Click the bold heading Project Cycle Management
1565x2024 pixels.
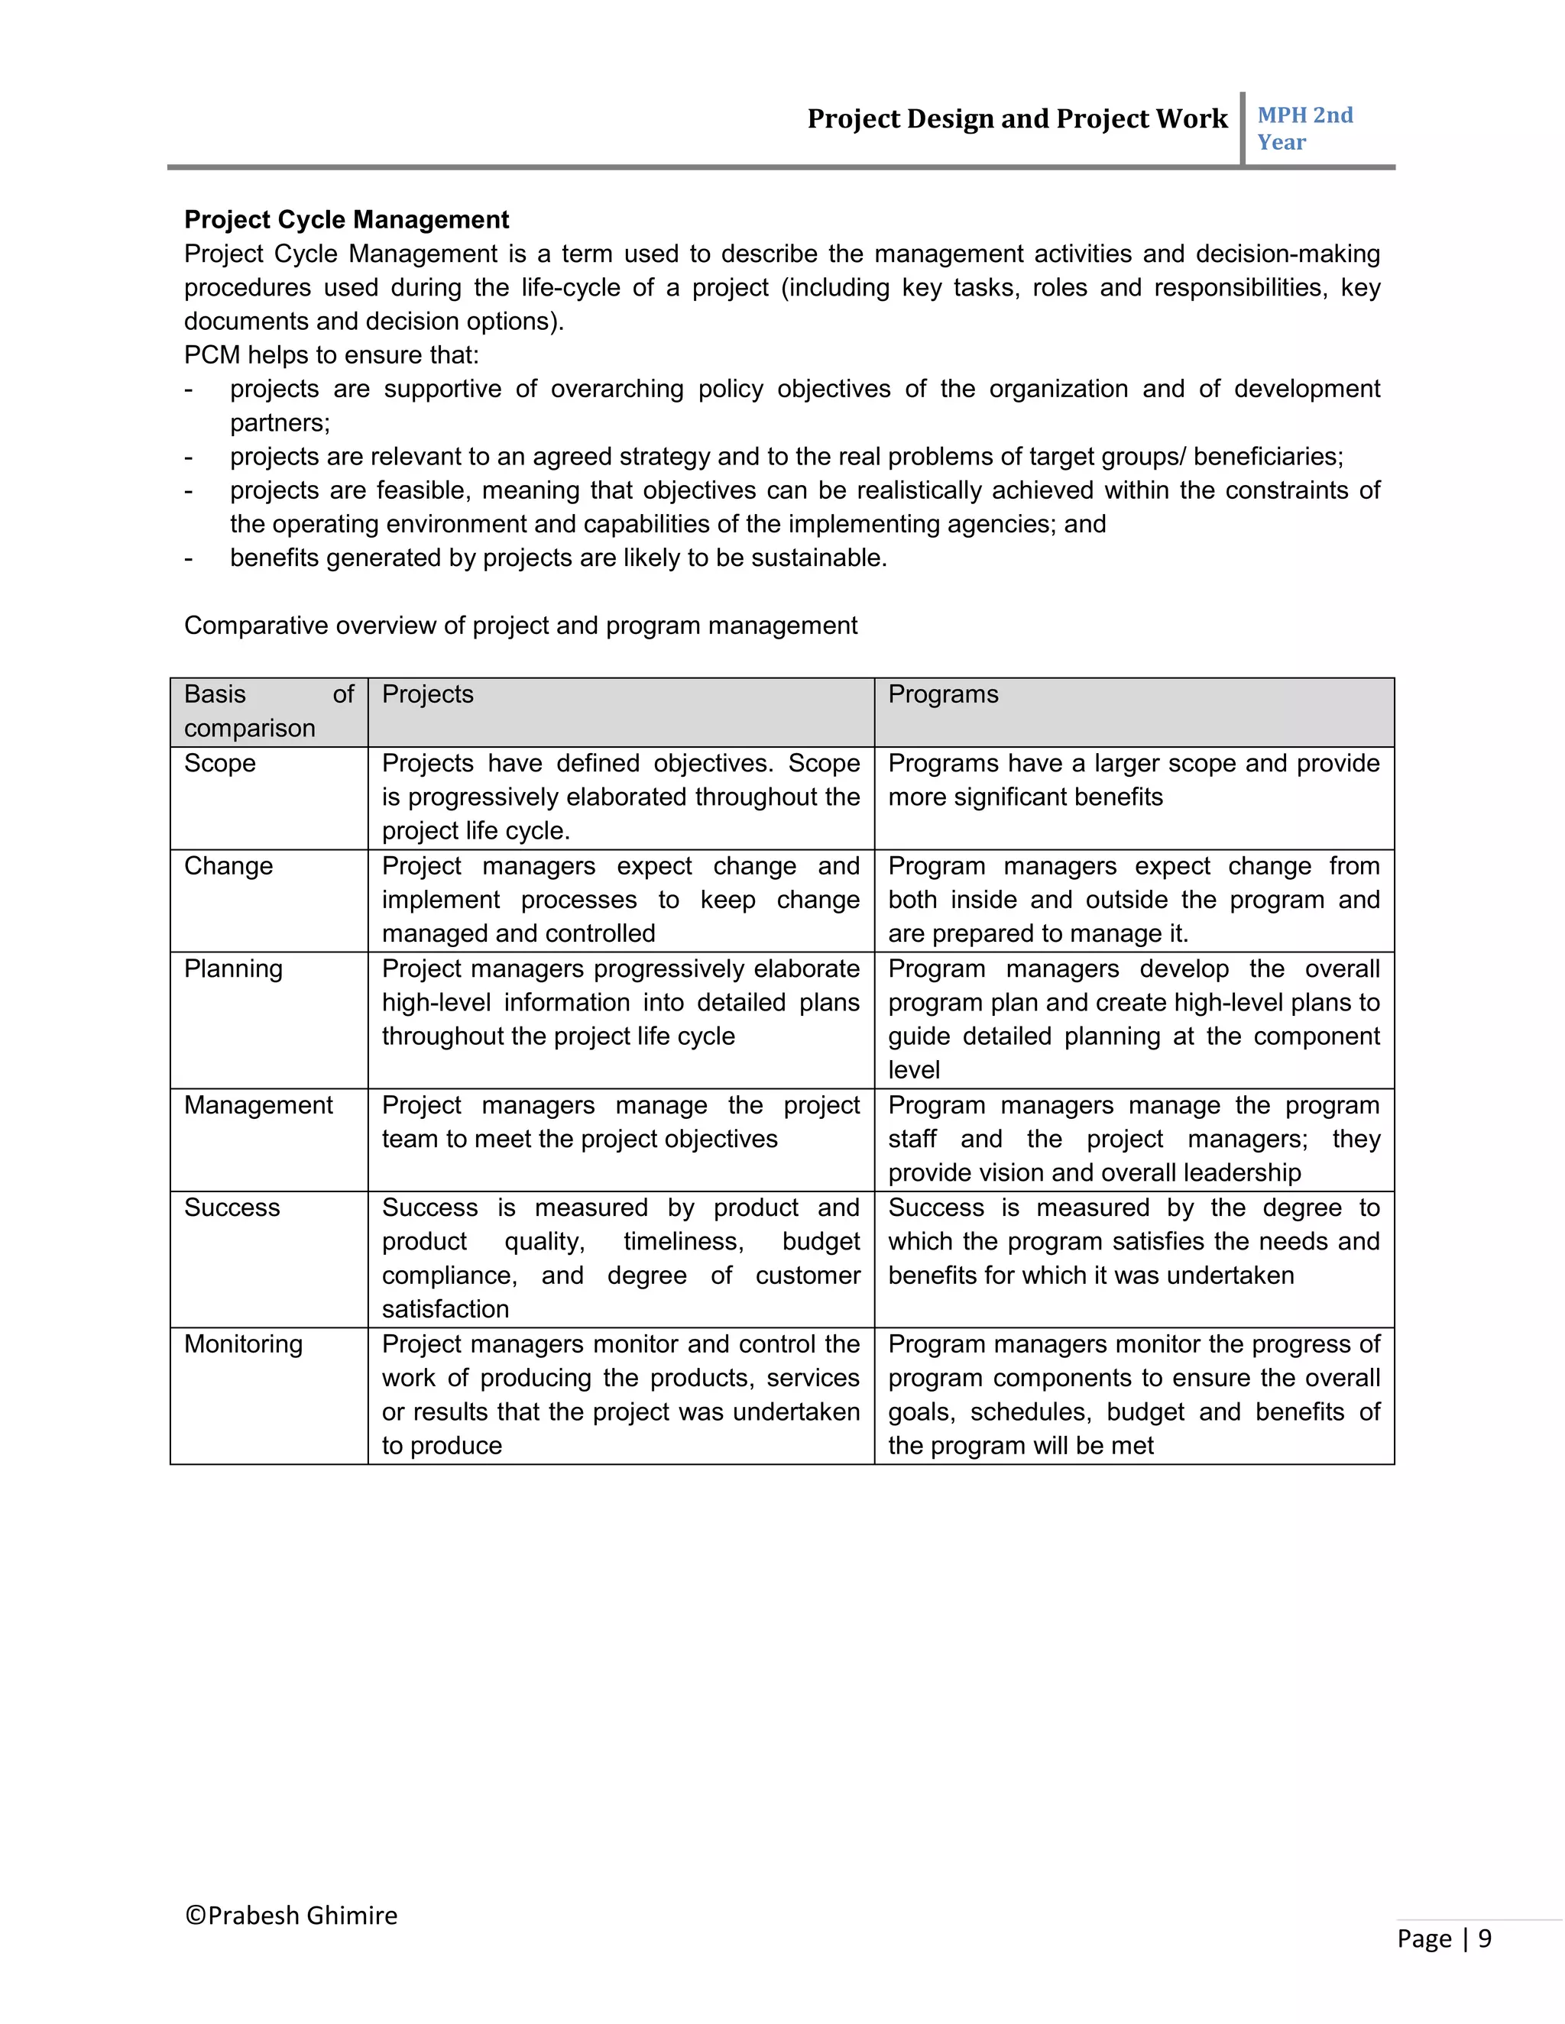[346, 220]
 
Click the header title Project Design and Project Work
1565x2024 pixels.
[1016, 118]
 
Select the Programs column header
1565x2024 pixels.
[943, 694]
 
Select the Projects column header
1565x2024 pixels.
[427, 694]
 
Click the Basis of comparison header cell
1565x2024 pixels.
[268, 711]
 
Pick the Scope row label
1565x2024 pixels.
[220, 763]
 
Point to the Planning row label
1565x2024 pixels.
[233, 968]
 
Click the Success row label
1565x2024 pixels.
[232, 1208]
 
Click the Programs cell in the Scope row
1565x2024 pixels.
[1133, 781]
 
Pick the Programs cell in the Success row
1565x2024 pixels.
[1133, 1242]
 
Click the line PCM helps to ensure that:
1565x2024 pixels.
[331, 355]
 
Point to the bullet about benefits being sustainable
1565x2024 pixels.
[558, 558]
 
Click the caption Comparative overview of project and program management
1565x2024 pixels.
[520, 626]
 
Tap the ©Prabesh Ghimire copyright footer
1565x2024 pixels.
[291, 1915]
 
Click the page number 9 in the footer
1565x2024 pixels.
[1484, 1938]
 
